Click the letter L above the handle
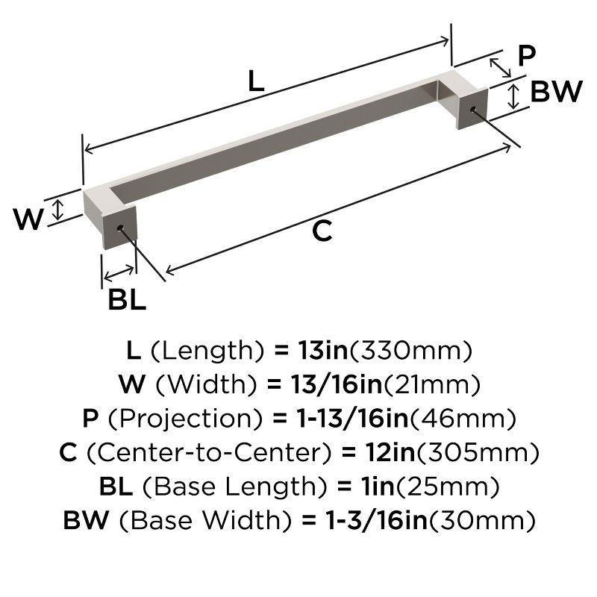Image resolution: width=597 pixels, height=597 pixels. [x=256, y=81]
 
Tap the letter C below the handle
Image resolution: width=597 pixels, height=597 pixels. [x=322, y=232]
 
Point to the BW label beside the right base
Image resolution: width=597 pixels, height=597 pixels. [x=556, y=92]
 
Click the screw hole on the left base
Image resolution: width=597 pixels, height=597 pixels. [x=119, y=225]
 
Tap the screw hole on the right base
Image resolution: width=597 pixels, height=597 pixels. [x=472, y=110]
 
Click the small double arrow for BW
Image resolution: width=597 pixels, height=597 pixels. [x=514, y=97]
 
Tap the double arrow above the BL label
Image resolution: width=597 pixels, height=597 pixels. [x=119, y=272]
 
